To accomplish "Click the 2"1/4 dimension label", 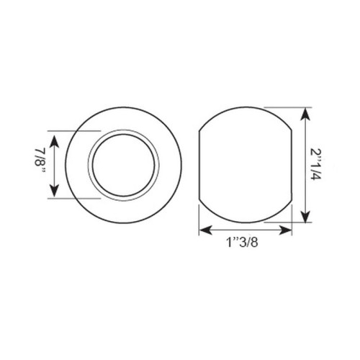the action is [x=315, y=164].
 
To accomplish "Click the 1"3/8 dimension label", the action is [x=242, y=243].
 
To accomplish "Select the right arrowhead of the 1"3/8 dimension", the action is [x=284, y=230].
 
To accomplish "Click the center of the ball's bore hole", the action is [x=124, y=166].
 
